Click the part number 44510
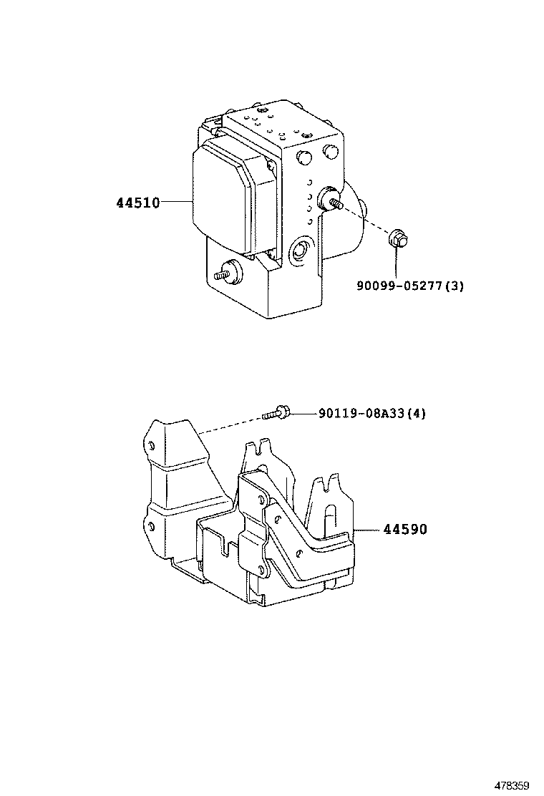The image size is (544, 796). click(137, 203)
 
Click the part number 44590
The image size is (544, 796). click(404, 529)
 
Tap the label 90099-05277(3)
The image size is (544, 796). click(410, 286)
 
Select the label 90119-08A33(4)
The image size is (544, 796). click(371, 412)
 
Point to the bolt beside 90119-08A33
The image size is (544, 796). click(276, 412)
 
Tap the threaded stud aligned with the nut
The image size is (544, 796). click(334, 201)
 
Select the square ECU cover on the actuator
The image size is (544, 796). click(223, 198)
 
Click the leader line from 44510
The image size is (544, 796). click(177, 203)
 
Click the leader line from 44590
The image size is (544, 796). click(369, 529)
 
